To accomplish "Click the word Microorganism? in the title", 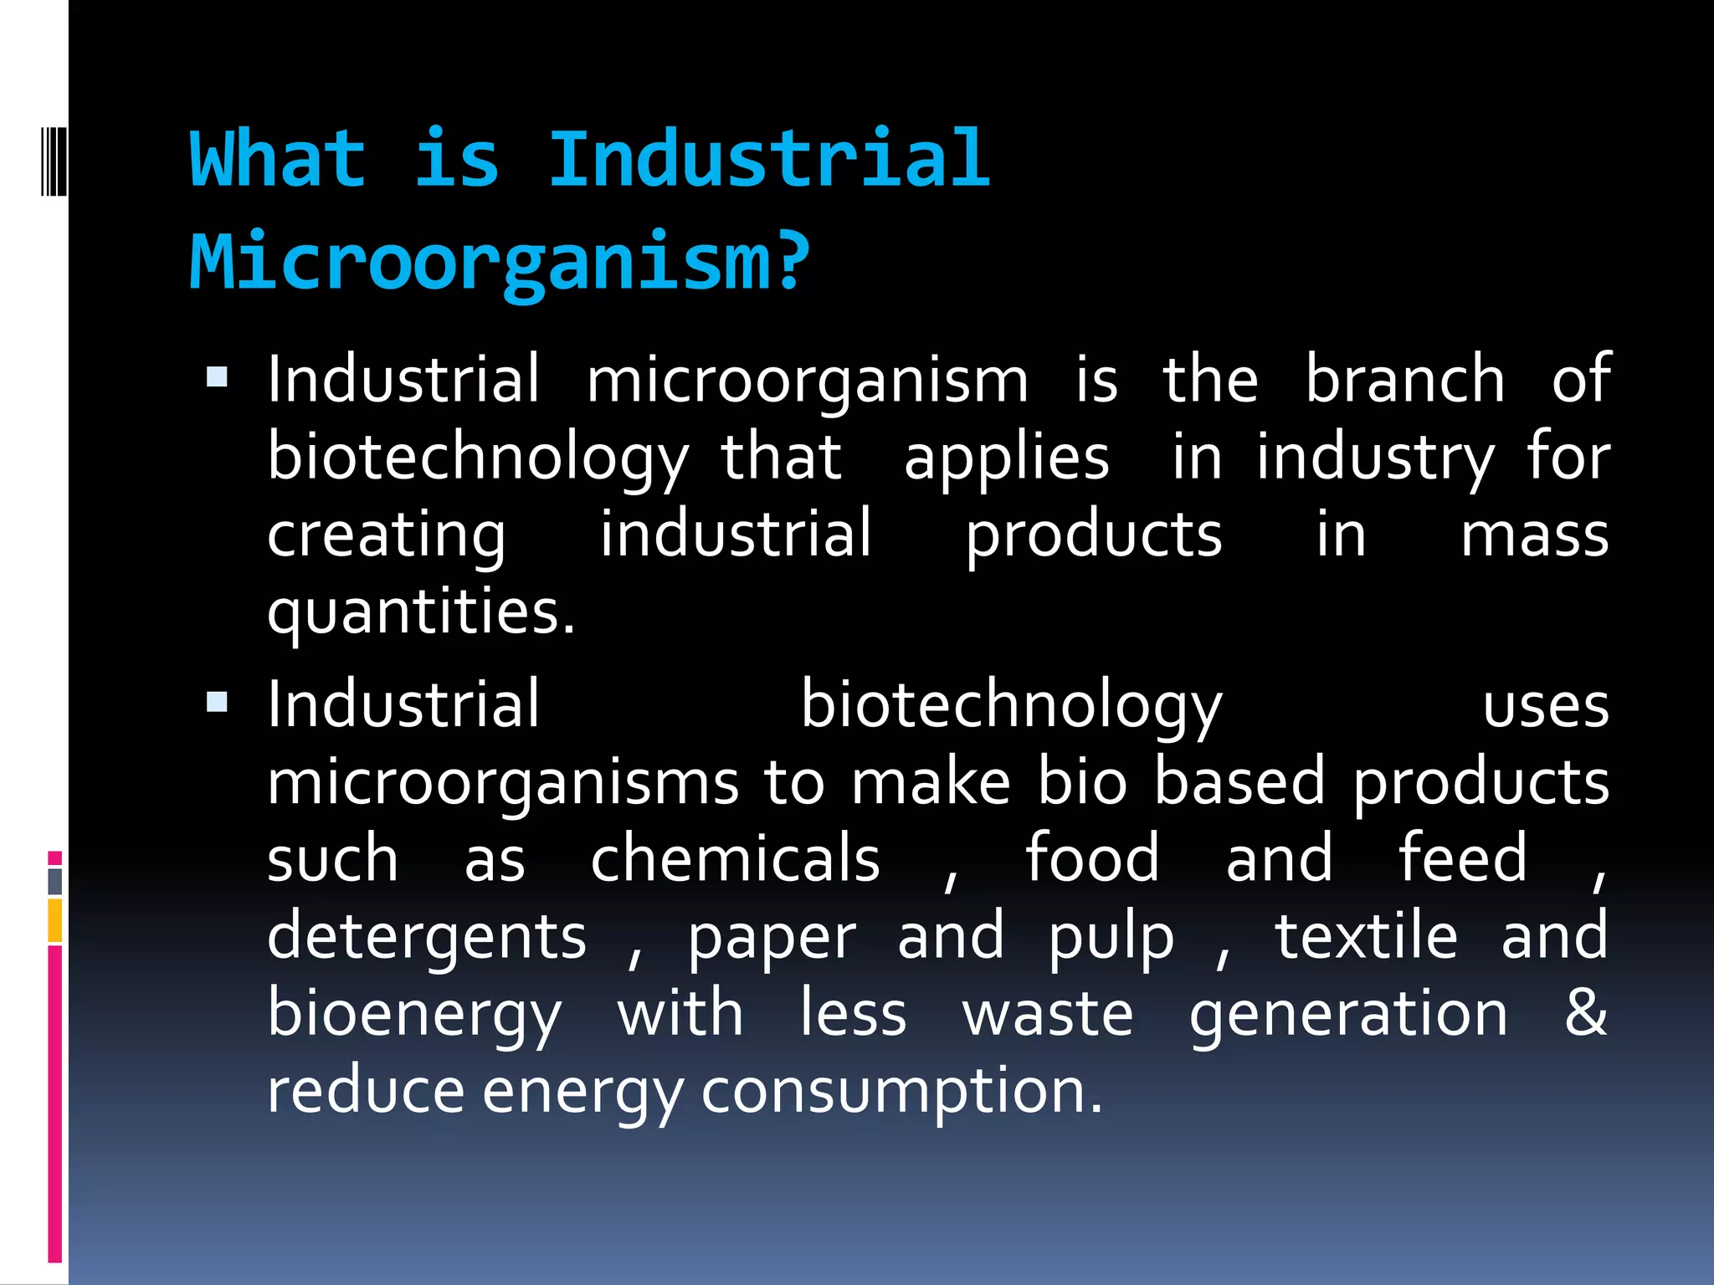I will point(500,261).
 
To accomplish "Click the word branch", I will point(1405,379).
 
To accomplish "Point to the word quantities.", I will point(421,613).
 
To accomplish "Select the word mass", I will point(1534,535).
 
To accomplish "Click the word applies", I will point(1006,458).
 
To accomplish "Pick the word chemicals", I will point(735,859).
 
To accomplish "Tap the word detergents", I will point(427,938).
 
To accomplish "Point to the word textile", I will point(1365,936).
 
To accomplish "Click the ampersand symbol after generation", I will point(1585,1012).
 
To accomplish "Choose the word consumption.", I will point(901,1093).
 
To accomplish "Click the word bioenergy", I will point(414,1016).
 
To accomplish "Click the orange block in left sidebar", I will point(55,920).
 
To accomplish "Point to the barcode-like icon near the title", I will point(54,160).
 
